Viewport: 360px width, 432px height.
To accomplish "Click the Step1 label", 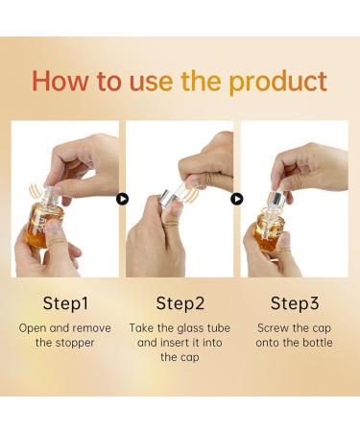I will [x=65, y=303].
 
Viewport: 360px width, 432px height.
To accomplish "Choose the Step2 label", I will [x=180, y=303].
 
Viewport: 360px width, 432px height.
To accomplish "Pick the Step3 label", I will [x=294, y=303].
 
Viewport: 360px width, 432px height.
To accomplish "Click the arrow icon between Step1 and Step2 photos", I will [x=122, y=199].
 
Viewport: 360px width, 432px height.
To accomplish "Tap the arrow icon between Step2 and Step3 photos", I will [x=236, y=199].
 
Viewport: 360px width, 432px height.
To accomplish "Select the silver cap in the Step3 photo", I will [x=275, y=200].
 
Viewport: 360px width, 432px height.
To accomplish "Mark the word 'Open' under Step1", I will [x=34, y=327].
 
